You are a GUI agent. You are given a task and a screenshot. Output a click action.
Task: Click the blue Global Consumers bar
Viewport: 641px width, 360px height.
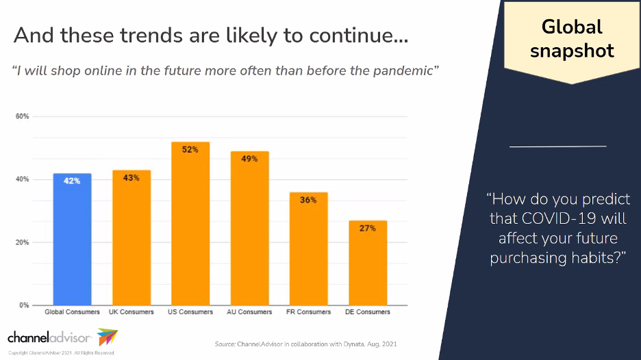pyautogui.click(x=72, y=240)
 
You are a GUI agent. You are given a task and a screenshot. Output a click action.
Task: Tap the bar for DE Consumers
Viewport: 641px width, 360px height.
pyautogui.click(x=368, y=263)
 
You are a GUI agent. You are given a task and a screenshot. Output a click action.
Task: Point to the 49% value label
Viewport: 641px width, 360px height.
pyautogui.click(x=249, y=159)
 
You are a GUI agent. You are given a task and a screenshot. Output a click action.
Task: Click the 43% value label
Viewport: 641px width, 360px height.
pyautogui.click(x=131, y=178)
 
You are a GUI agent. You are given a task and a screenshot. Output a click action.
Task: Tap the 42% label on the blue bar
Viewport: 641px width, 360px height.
pyautogui.click(x=72, y=181)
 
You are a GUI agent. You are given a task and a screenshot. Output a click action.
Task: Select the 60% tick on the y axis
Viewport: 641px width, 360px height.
pyautogui.click(x=23, y=116)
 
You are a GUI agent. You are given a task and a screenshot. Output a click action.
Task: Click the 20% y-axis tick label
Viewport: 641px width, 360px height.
pyautogui.click(x=23, y=242)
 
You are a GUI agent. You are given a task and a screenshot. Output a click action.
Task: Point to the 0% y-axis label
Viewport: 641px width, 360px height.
pyautogui.click(x=24, y=305)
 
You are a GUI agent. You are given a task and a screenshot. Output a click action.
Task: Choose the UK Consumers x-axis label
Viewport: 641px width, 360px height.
pyautogui.click(x=131, y=312)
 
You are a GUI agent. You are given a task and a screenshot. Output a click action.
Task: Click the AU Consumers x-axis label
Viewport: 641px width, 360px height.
pyautogui.click(x=249, y=312)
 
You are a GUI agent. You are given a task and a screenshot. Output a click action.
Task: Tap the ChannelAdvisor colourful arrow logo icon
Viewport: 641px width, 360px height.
pyautogui.click(x=107, y=337)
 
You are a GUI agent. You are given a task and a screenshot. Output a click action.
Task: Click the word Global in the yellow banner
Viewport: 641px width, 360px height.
pyautogui.click(x=572, y=27)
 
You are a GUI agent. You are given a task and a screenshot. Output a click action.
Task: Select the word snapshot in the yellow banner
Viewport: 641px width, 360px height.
pyautogui.click(x=572, y=50)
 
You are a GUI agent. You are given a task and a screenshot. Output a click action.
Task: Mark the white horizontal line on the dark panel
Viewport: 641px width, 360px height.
pyautogui.click(x=558, y=146)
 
